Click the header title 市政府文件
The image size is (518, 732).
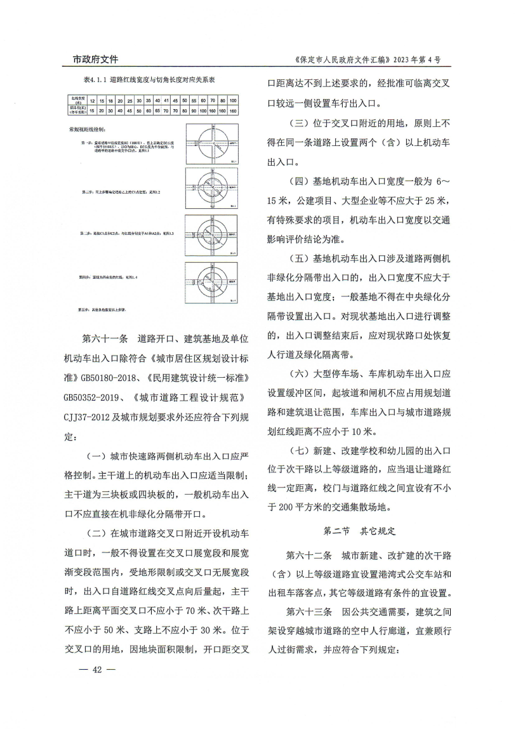(x=91, y=60)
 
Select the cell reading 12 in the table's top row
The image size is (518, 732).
(x=93, y=101)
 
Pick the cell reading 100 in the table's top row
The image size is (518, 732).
(x=234, y=101)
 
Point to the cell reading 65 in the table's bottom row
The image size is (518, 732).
(x=157, y=110)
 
